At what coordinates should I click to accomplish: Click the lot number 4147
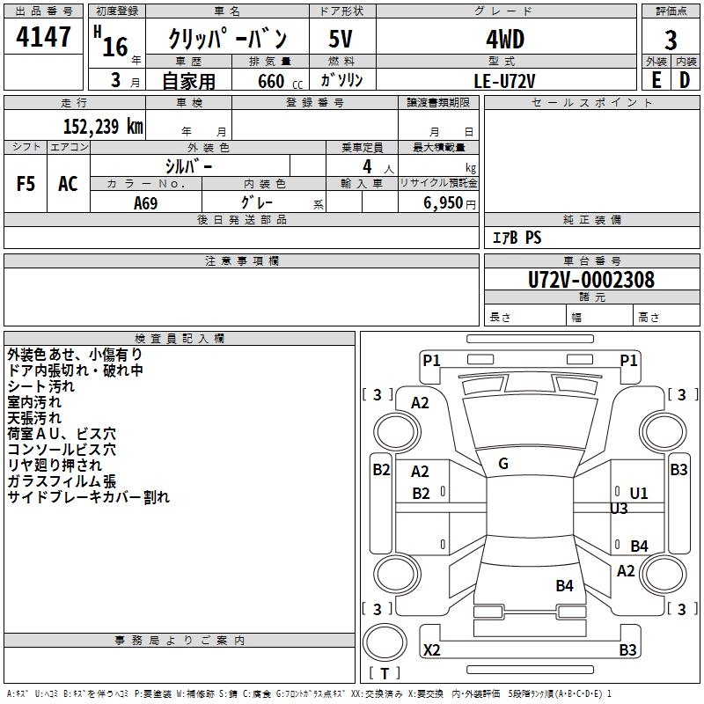pyautogui.click(x=43, y=37)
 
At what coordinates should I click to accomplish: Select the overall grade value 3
pyautogui.click(x=671, y=40)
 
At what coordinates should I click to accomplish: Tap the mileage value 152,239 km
pyautogui.click(x=103, y=126)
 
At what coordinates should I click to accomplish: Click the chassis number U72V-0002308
pyautogui.click(x=591, y=280)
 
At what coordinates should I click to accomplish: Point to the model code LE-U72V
pyautogui.click(x=504, y=81)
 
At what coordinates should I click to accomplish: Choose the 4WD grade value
pyautogui.click(x=505, y=40)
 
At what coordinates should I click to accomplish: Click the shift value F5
pyautogui.click(x=26, y=184)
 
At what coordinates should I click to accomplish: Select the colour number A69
pyautogui.click(x=146, y=203)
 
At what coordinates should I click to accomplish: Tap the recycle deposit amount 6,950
pyautogui.click(x=444, y=202)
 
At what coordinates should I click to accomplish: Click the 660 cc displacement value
pyautogui.click(x=280, y=81)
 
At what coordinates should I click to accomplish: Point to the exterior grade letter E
pyautogui.click(x=656, y=80)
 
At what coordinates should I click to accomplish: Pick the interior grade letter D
pyautogui.click(x=685, y=80)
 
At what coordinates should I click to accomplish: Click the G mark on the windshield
pyautogui.click(x=503, y=464)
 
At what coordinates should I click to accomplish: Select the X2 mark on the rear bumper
pyautogui.click(x=432, y=649)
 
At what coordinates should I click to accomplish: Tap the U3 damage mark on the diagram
pyautogui.click(x=619, y=509)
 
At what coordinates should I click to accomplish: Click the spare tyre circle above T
pyautogui.click(x=385, y=642)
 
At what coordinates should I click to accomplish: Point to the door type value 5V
pyautogui.click(x=341, y=39)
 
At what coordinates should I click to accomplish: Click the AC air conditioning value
pyautogui.click(x=68, y=184)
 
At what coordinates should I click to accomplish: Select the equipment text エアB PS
pyautogui.click(x=517, y=238)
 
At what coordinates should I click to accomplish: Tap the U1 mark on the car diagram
pyautogui.click(x=639, y=494)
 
